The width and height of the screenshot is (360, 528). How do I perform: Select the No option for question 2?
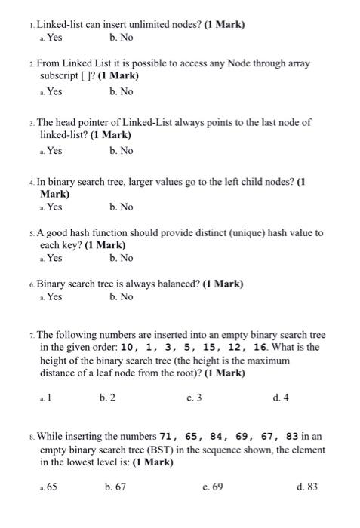[121, 91]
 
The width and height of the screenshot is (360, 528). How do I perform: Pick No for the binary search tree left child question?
[121, 207]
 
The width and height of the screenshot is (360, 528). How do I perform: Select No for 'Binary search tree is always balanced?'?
[121, 297]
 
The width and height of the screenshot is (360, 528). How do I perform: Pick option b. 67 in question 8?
[115, 487]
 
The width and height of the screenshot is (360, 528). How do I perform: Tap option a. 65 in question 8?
[51, 487]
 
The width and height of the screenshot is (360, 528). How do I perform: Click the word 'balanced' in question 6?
[176, 284]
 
